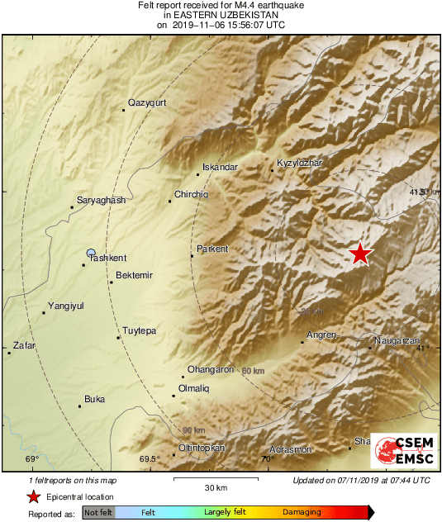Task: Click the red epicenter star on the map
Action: point(360,254)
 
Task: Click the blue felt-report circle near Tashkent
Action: point(92,252)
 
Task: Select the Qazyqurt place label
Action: point(147,103)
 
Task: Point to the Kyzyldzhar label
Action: point(299,163)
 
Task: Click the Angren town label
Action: point(321,335)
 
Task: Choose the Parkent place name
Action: point(212,249)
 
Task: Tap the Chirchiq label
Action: point(191,194)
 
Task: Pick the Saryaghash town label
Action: point(100,201)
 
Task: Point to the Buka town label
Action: point(95,400)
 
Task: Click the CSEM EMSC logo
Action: point(402,451)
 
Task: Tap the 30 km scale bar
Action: point(210,478)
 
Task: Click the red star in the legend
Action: point(33,496)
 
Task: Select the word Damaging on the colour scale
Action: point(302,512)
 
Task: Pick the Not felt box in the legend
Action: point(98,513)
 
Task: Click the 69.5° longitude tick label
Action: point(149,459)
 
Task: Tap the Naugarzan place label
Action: point(398,340)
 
